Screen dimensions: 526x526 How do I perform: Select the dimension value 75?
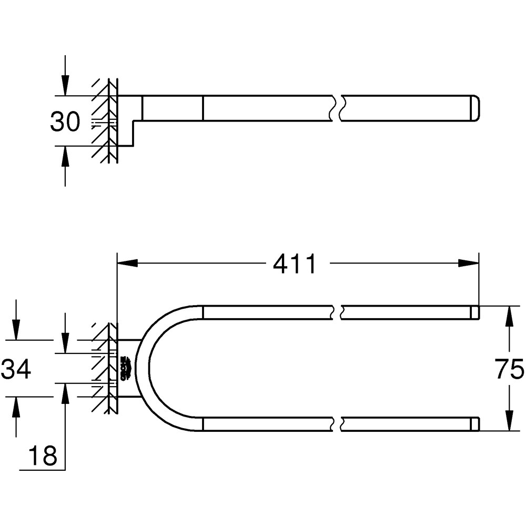[509, 369]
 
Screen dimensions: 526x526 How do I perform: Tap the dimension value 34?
[16, 369]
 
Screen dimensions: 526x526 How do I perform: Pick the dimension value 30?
[65, 122]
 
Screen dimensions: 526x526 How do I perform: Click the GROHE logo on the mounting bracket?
[126, 368]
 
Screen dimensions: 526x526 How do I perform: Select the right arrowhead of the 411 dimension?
[468, 263]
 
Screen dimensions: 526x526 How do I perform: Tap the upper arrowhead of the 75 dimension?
[509, 316]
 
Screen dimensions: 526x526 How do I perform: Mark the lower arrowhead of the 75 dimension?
[509, 421]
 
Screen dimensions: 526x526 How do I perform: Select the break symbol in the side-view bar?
[338, 108]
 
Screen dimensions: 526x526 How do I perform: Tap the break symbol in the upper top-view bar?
[338, 312]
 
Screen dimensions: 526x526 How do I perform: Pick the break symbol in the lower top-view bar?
[338, 424]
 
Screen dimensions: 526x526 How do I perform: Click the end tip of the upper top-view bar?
[474, 312]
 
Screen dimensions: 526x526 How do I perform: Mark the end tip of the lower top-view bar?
[474, 424]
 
